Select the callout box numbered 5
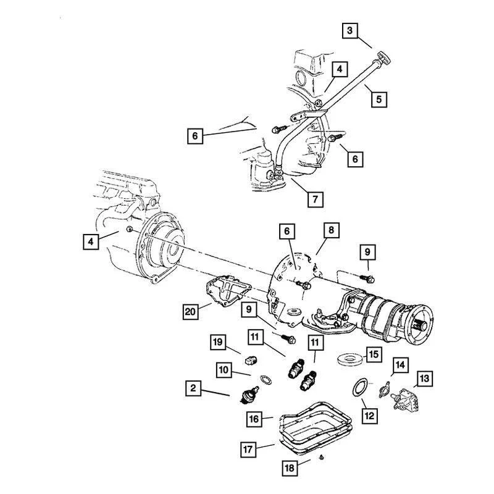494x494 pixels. coord(379,98)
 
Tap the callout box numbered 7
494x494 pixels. coord(315,199)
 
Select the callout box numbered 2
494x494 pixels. coord(193,388)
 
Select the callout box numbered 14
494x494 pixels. coord(400,365)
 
